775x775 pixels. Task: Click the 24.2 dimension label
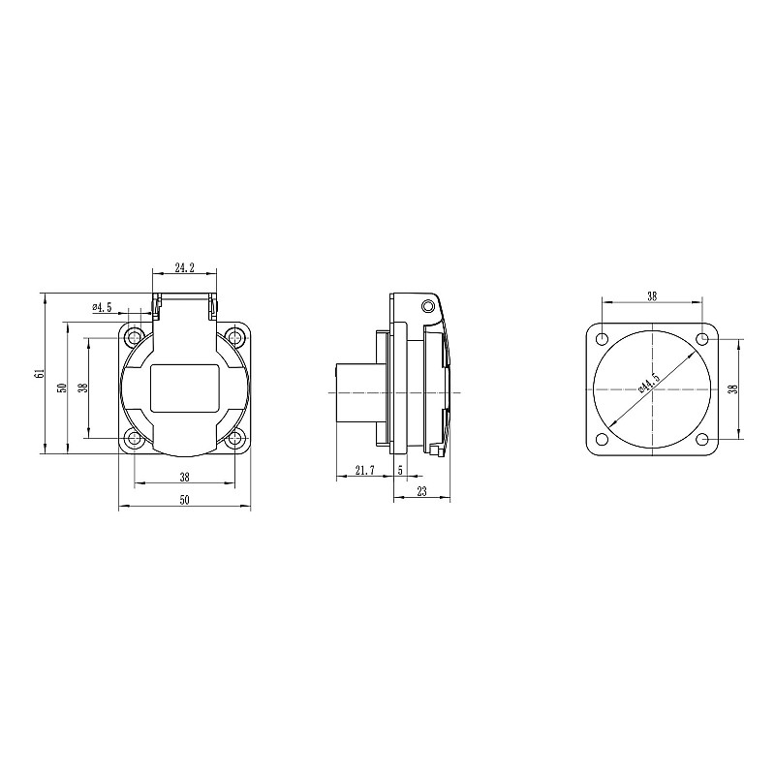[x=184, y=268]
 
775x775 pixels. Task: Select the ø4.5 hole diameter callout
[x=102, y=307]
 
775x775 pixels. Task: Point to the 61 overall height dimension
[x=40, y=373]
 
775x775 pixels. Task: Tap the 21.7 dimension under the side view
[x=365, y=471]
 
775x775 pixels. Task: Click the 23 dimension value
[x=422, y=492]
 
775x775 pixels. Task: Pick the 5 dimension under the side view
[x=400, y=471]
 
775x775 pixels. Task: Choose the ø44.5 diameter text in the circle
[x=649, y=383]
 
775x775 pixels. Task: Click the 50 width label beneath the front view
[x=184, y=500]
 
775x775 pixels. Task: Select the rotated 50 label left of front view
[x=62, y=388]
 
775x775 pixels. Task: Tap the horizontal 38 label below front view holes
[x=184, y=477]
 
